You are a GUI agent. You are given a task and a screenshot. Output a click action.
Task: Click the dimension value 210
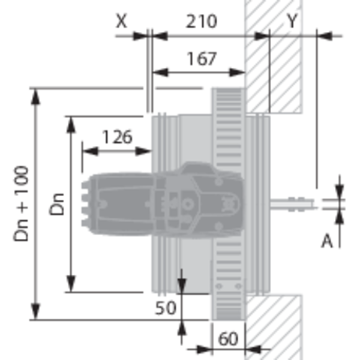coord(202,22)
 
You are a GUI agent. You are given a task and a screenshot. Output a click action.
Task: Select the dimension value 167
coord(202,59)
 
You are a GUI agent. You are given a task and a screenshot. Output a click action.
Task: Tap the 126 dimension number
coord(117,137)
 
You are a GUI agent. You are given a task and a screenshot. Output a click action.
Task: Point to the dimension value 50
coord(166,308)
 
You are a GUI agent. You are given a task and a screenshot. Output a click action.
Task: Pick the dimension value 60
coord(228,339)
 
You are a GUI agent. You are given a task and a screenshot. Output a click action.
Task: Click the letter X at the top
coord(121,21)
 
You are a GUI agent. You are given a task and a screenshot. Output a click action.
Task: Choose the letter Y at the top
coord(292,20)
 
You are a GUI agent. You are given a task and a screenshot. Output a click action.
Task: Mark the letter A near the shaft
coord(327,241)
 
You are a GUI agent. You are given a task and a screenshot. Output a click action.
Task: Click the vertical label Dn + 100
coord(21,203)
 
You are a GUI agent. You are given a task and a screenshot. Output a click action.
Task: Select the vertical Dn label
coord(57,205)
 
